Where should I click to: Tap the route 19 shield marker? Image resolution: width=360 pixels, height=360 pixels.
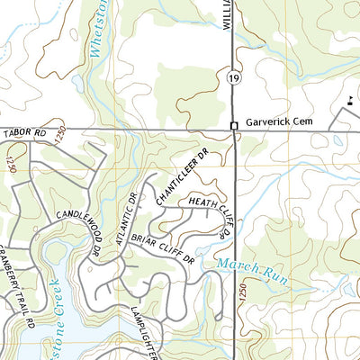pyautogui.click(x=232, y=79)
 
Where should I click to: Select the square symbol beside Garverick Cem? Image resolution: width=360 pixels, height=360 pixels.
pyautogui.click(x=233, y=126)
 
